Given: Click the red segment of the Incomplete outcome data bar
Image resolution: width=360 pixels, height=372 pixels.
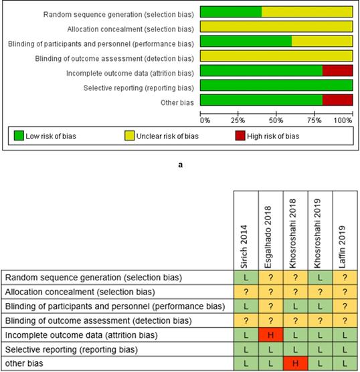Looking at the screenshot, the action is (337, 70).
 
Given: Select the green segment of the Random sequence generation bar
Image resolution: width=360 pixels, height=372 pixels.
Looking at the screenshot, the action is (231, 12).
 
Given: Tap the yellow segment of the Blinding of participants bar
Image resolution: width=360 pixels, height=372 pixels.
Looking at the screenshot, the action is (322, 41).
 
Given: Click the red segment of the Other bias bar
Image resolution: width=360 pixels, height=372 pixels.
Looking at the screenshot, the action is (337, 100).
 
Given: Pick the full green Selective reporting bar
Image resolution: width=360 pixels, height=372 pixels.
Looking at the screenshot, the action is (276, 85).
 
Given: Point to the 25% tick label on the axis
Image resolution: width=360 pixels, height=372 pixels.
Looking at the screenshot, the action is (238, 120).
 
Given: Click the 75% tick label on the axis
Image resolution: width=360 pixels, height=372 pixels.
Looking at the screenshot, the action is (314, 120).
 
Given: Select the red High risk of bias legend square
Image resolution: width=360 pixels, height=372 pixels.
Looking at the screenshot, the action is (240, 135).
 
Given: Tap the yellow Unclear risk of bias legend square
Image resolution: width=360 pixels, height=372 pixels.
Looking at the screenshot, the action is (129, 135).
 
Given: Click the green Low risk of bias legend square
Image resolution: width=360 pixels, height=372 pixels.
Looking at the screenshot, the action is (19, 135).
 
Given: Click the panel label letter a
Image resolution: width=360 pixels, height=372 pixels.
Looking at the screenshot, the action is (181, 165).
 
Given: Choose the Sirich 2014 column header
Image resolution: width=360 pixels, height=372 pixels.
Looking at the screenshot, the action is (244, 246).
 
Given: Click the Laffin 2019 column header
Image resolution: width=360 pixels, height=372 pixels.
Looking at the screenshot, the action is (342, 247).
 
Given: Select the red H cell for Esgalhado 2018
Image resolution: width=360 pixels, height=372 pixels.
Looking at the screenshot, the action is (270, 335).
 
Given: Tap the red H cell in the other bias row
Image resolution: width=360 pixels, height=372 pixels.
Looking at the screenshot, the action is (296, 363).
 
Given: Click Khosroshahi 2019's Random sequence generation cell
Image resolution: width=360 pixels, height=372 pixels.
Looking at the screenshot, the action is (320, 278).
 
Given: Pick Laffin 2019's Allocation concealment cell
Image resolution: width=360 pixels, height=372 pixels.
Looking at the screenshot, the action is (345, 292).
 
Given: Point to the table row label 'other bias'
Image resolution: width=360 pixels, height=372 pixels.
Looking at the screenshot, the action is (24, 363).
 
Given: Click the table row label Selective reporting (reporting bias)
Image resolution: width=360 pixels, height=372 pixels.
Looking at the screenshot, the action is (72, 349).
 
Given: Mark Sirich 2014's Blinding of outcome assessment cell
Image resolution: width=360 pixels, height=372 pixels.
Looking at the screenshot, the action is (246, 320).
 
